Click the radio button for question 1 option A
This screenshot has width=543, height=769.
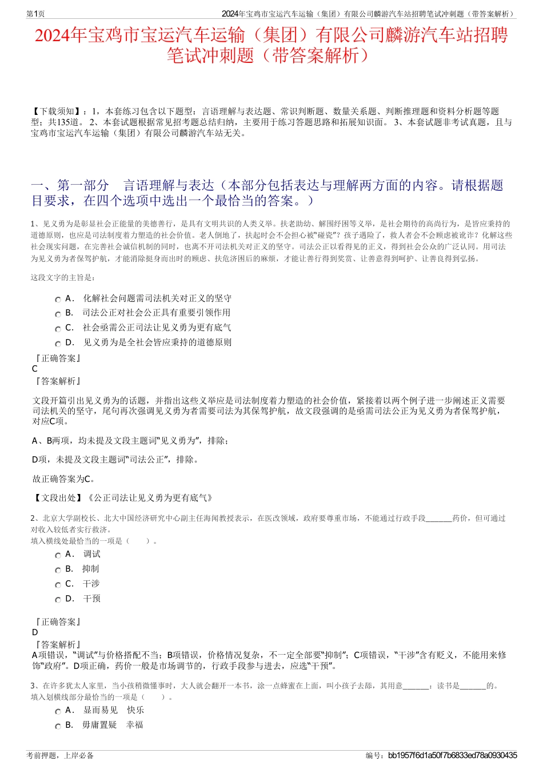pyautogui.click(x=58, y=300)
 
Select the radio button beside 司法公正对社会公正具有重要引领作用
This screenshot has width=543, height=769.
pyautogui.click(x=58, y=314)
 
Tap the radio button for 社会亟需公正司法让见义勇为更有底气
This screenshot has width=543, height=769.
pyautogui.click(x=58, y=329)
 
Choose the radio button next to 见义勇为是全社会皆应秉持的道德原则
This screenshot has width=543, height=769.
pyautogui.click(x=58, y=344)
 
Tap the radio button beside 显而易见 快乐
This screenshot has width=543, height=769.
pyautogui.click(x=58, y=712)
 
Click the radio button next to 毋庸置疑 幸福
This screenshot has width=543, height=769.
pyautogui.click(x=58, y=727)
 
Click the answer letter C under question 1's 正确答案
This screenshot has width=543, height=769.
pyautogui.click(x=35, y=369)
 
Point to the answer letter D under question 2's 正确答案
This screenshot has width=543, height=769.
pyautogui.click(x=35, y=632)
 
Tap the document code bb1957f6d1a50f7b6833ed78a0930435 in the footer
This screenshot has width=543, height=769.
pyautogui.click(x=452, y=755)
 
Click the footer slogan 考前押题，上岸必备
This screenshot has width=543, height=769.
pyautogui.click(x=60, y=755)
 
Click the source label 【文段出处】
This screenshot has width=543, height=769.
pyautogui.click(x=59, y=498)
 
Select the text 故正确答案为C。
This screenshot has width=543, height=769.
pyautogui.click(x=64, y=479)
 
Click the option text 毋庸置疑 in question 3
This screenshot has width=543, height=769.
pyautogui.click(x=99, y=725)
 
